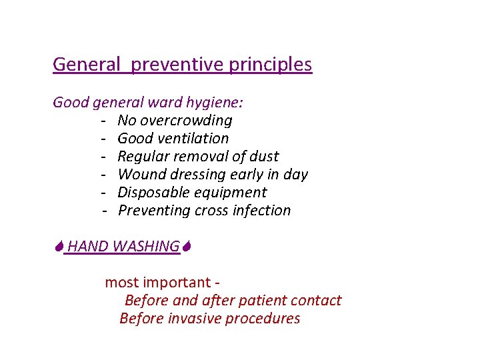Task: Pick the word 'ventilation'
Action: coord(193,139)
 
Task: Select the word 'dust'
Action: coord(265,157)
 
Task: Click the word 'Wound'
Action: coord(138,175)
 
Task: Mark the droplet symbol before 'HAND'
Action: coord(59,247)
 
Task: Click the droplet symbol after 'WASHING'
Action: coord(187,247)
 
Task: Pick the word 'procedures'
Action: coord(263,319)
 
